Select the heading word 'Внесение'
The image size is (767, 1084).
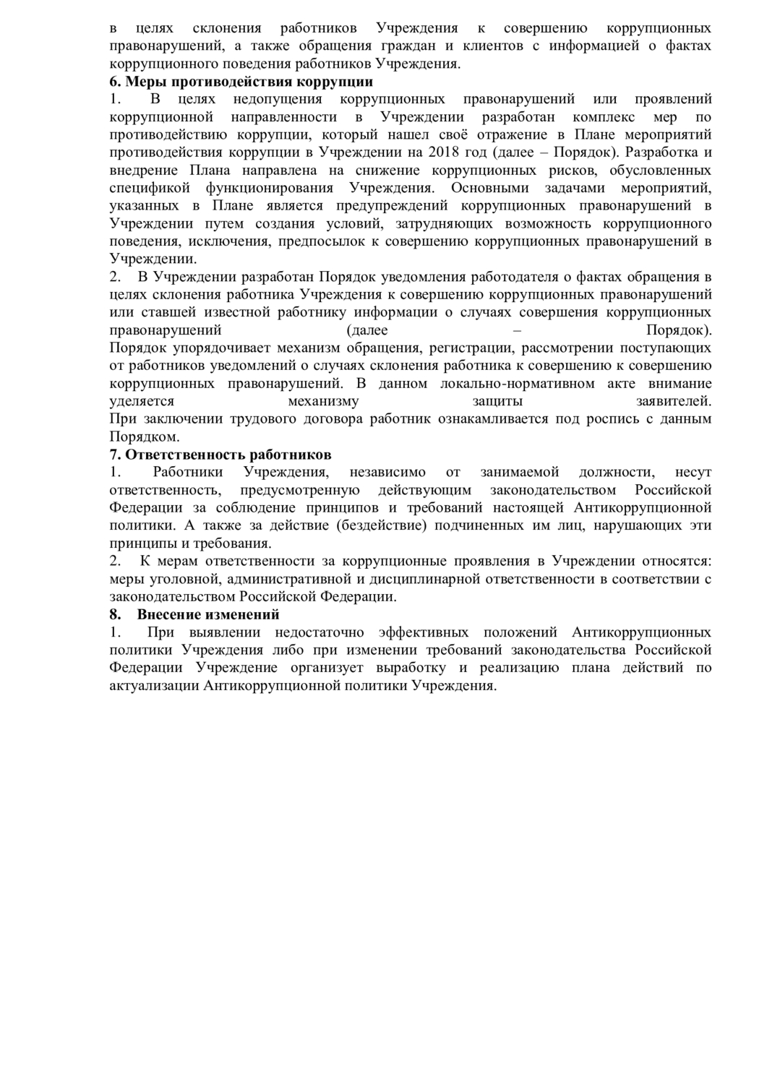pos(168,614)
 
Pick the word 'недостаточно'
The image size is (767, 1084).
pos(315,632)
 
